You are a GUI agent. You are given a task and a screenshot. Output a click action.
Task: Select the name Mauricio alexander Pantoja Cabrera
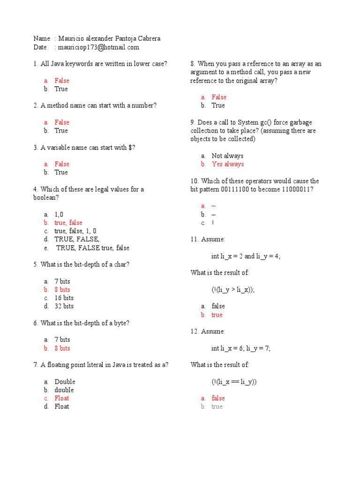(109, 38)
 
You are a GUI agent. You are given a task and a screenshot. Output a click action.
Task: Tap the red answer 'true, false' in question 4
(68, 223)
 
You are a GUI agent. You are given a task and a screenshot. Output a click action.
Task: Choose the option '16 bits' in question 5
(64, 298)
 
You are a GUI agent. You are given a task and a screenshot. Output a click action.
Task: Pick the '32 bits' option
(64, 306)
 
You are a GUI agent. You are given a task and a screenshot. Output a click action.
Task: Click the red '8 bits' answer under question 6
(62, 348)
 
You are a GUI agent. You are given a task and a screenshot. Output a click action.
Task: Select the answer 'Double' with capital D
(65, 382)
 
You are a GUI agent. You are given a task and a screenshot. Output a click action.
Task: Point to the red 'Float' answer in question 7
(62, 398)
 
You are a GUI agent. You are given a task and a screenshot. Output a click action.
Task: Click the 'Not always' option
(227, 156)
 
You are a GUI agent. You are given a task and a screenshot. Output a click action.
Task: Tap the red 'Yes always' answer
(228, 164)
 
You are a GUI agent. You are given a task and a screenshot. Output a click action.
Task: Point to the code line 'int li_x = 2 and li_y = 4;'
(246, 256)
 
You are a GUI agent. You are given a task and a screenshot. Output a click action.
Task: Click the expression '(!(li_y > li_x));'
(233, 289)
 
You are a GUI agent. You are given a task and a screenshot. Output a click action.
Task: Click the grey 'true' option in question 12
(217, 406)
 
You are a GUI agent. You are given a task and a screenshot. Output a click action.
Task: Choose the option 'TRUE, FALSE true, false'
(93, 247)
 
